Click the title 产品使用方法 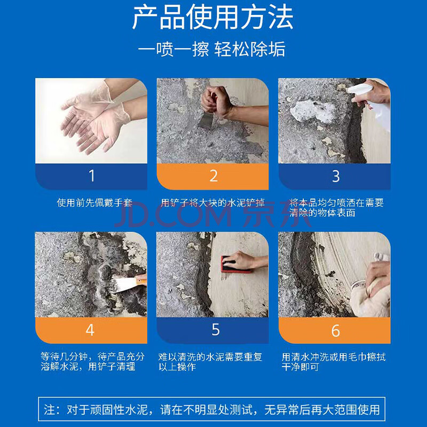pos(212,18)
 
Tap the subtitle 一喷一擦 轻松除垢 pos(212,49)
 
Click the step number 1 pos(92,176)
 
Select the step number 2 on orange pos(214,176)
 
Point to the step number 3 pos(336,176)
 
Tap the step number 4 pos(90,330)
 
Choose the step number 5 pos(216,329)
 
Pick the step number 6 pos(336,330)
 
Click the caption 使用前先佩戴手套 pos(95,203)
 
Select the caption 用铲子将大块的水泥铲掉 pos(212,203)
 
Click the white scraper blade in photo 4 pos(125,284)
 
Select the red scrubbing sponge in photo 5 pos(235,265)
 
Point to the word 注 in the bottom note pos(50,409)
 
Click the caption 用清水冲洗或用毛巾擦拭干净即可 pos(333,362)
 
